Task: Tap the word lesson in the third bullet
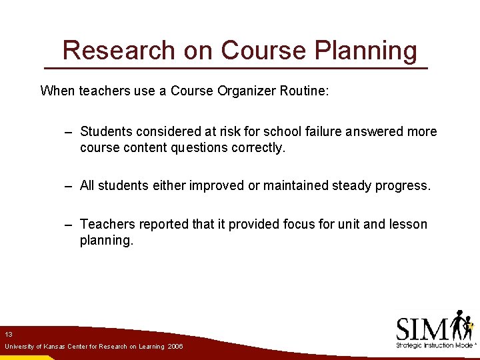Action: (407, 224)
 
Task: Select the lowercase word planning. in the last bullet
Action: (107, 240)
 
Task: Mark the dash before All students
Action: (68, 186)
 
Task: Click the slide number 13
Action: (9, 334)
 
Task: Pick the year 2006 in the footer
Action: (175, 347)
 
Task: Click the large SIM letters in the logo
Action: (423, 329)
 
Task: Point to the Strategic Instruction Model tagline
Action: (433, 345)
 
